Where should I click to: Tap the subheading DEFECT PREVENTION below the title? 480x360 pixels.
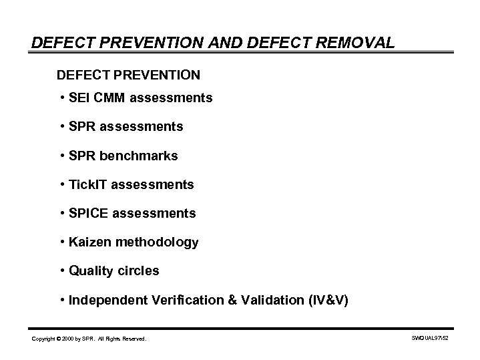coord(128,72)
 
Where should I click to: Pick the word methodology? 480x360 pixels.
coord(158,242)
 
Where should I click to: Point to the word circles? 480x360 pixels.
coord(138,271)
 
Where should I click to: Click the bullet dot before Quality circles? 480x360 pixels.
coord(61,271)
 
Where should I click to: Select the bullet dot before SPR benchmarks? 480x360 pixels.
coord(61,155)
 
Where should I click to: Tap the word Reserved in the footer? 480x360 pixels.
coord(136,339)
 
